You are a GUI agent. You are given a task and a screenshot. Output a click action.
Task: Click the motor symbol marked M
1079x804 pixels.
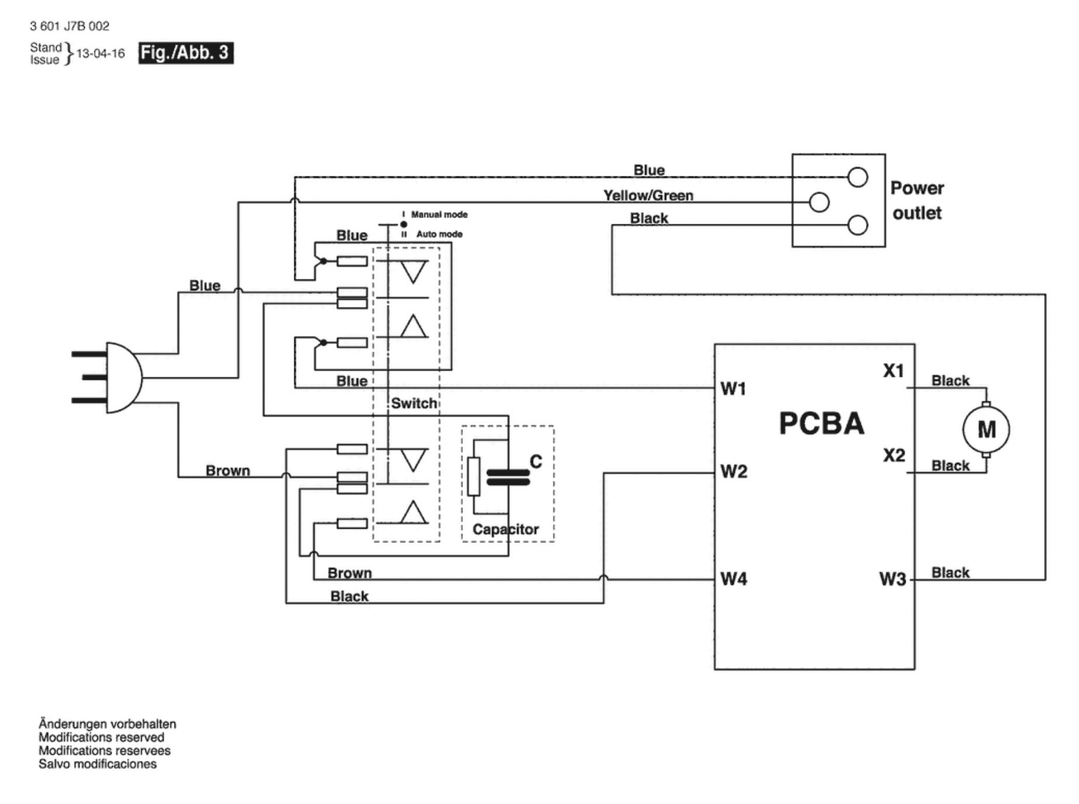click(986, 429)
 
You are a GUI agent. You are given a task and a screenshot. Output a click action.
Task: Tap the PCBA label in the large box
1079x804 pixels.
click(821, 424)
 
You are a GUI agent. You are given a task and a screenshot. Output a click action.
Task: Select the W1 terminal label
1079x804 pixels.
click(733, 389)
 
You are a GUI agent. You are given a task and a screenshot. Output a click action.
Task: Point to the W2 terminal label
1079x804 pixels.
click(733, 472)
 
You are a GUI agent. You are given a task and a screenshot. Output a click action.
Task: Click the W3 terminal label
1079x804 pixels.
click(893, 579)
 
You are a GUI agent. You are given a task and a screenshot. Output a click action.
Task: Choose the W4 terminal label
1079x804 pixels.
click(733, 578)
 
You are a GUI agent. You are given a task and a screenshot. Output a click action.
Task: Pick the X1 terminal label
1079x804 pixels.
click(893, 370)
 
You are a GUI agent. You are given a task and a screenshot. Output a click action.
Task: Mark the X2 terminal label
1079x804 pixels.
click(894, 455)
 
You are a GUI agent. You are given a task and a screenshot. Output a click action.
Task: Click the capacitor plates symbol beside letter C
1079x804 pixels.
click(508, 477)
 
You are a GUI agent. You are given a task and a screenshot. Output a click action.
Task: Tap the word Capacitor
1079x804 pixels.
click(506, 529)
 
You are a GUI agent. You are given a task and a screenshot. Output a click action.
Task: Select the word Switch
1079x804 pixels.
click(414, 403)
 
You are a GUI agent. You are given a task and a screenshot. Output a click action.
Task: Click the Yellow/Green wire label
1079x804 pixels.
click(648, 196)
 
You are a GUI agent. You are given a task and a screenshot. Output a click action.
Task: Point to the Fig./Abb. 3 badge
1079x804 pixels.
click(186, 53)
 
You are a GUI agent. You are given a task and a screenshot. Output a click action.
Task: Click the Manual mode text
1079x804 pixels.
click(439, 214)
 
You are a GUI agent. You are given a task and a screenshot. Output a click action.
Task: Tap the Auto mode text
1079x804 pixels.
click(439, 234)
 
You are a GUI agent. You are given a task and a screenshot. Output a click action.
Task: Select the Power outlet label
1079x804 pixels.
click(917, 200)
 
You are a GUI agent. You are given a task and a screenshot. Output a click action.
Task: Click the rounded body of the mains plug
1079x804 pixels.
click(124, 377)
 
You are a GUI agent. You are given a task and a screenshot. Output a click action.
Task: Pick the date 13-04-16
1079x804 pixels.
click(100, 54)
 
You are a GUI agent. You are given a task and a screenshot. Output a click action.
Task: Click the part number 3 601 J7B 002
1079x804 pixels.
click(69, 26)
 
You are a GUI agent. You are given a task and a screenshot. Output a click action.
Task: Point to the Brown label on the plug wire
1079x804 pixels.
click(228, 470)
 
